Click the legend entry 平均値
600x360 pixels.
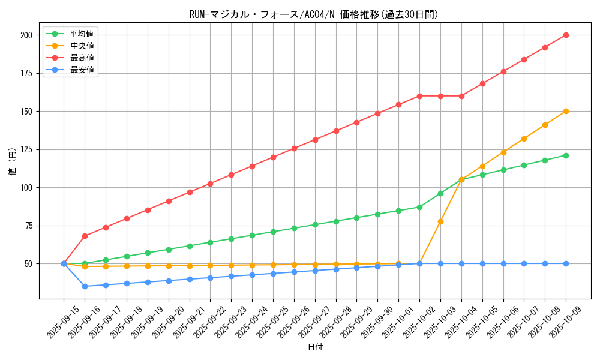pos(82,34)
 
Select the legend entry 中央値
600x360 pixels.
pos(82,46)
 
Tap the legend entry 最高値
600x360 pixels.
pos(82,58)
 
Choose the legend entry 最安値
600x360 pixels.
pos(82,70)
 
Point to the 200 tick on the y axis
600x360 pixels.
pos(26,35)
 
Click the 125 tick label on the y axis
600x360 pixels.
pos(26,149)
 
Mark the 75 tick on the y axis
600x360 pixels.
pos(28,226)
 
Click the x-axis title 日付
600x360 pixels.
pos(315,347)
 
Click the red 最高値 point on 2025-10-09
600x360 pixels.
pos(566,35)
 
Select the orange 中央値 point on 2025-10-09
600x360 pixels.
pos(566,111)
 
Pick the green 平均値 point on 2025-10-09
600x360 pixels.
pos(566,155)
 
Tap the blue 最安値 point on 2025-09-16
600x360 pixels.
pos(85,286)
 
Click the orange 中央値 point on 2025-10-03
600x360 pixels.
pos(440,221)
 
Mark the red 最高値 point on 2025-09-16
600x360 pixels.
pos(85,236)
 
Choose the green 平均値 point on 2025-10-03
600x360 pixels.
pos(440,193)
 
